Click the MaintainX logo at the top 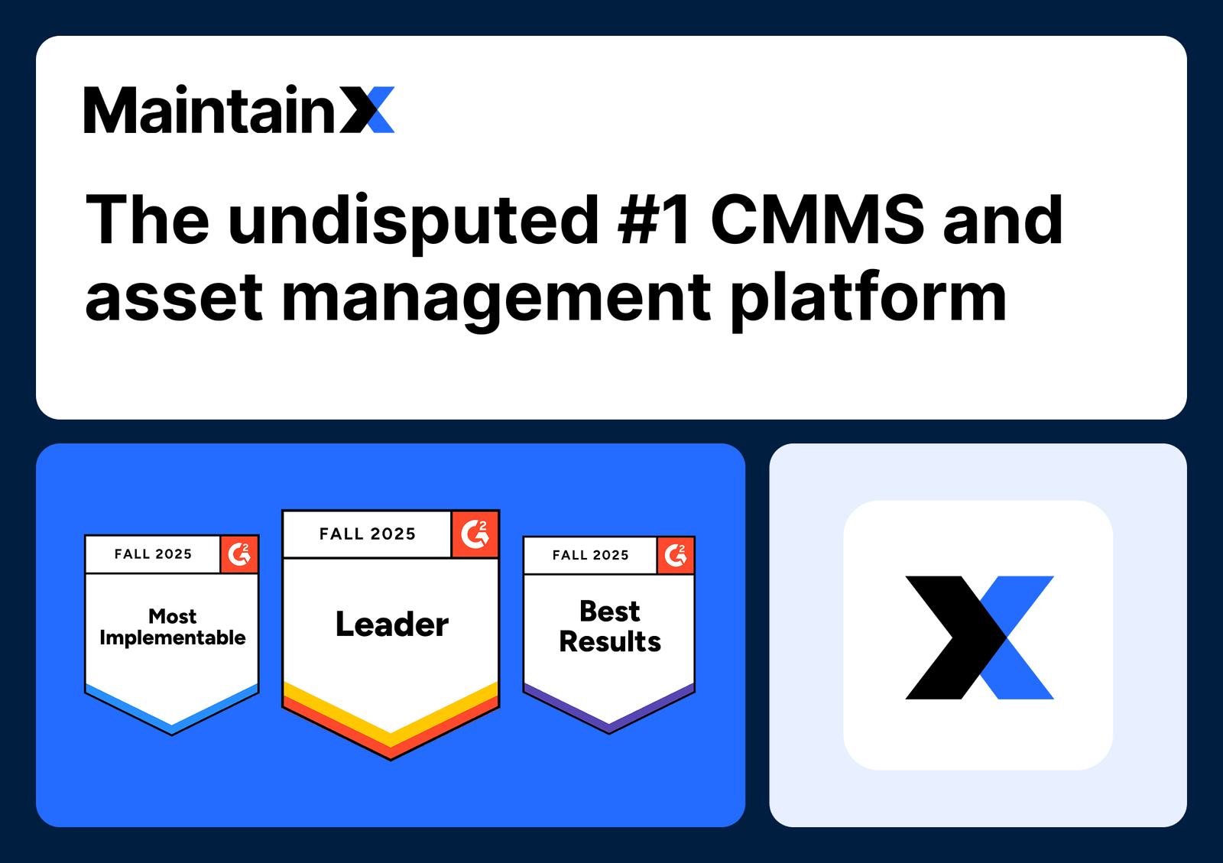pyautogui.click(x=238, y=110)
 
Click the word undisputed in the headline pyautogui.click(x=413, y=222)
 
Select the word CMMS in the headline pyautogui.click(x=817, y=220)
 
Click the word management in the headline pyautogui.click(x=496, y=300)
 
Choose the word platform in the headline pyautogui.click(x=868, y=300)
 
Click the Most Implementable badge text pyautogui.click(x=173, y=627)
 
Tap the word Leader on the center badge pyautogui.click(x=391, y=625)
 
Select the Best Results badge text pyautogui.click(x=609, y=626)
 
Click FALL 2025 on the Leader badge pyautogui.click(x=367, y=534)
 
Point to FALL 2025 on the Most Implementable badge pyautogui.click(x=153, y=554)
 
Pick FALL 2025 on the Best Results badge pyautogui.click(x=590, y=556)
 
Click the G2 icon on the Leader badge pyautogui.click(x=475, y=534)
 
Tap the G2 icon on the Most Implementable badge pyautogui.click(x=239, y=554)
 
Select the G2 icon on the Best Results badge pyautogui.click(x=676, y=555)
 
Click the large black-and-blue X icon pyautogui.click(x=978, y=637)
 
